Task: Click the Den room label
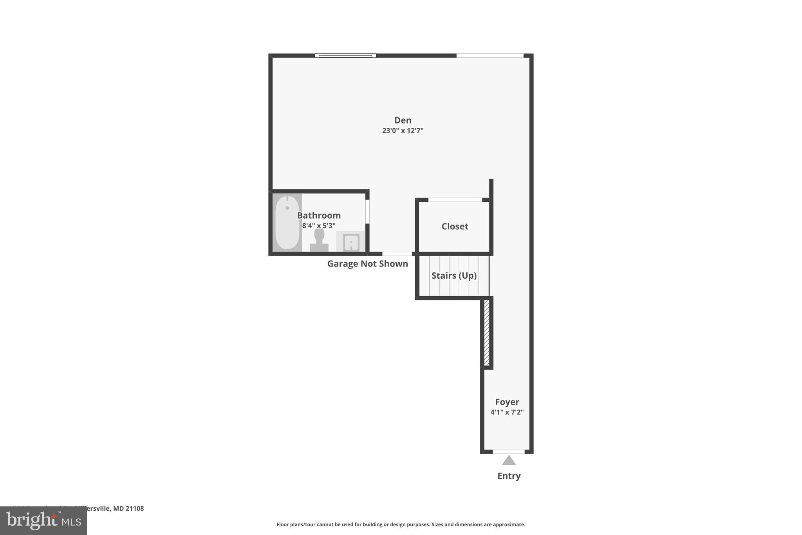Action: [x=403, y=120]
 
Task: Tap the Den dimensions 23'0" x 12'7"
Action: [x=403, y=131]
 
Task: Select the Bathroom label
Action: [x=318, y=215]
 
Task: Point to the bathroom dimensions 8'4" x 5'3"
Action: [x=318, y=226]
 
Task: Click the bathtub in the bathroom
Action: [x=287, y=222]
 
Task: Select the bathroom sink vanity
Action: [x=350, y=241]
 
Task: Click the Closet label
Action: [x=455, y=226]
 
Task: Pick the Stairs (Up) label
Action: [x=454, y=276]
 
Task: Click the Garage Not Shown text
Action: [x=367, y=264]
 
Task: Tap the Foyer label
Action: [x=507, y=402]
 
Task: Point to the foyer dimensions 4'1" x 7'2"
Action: [x=507, y=412]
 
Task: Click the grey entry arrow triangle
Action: [x=509, y=461]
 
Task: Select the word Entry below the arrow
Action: [x=509, y=476]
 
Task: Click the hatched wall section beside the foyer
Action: [x=487, y=333]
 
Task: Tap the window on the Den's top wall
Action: [x=345, y=56]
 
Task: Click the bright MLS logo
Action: [x=43, y=521]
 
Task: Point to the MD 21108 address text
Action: [x=128, y=508]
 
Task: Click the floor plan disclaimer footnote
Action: [x=401, y=524]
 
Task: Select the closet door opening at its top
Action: [x=455, y=200]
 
